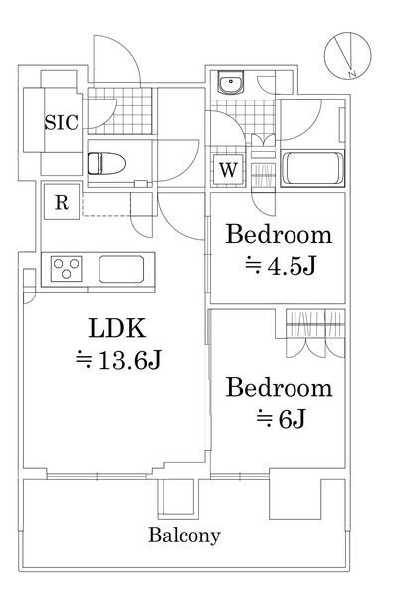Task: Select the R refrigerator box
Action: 61,203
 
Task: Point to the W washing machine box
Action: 229,169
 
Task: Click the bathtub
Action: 312,168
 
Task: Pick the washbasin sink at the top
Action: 231,83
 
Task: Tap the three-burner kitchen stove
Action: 68,268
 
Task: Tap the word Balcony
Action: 184,535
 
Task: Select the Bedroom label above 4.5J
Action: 278,236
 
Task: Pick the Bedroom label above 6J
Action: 278,386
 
